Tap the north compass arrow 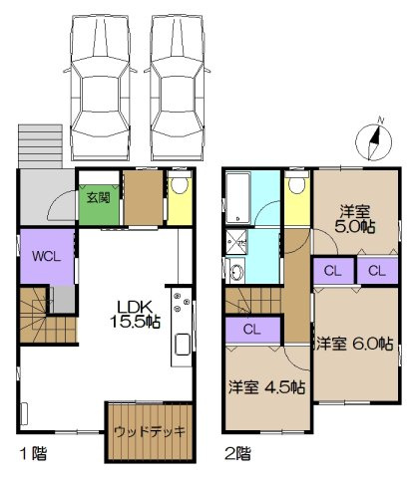coord(374,140)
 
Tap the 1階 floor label coord(31,453)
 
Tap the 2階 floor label coord(236,453)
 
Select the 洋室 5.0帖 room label coord(355,218)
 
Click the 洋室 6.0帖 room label coord(355,344)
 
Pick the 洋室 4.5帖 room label coord(267,386)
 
